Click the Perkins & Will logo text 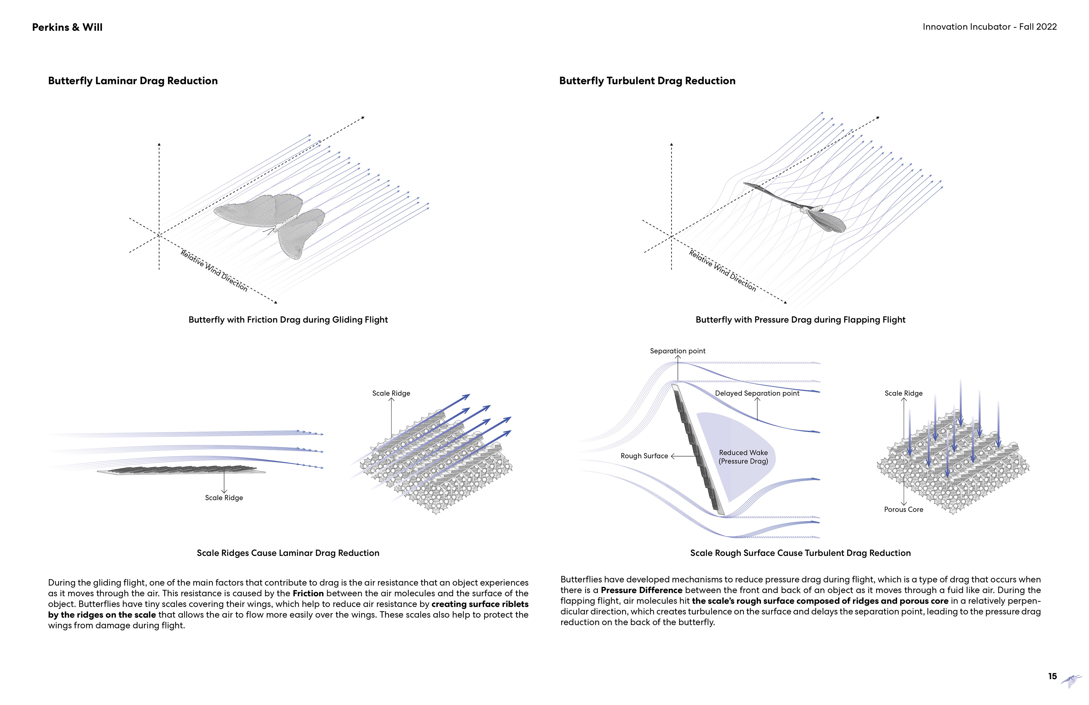coord(67,28)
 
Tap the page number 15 coord(1052,676)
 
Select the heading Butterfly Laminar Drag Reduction coord(133,81)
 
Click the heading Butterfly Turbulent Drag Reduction coord(647,81)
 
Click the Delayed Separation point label coord(757,393)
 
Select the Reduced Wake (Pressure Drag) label coord(743,457)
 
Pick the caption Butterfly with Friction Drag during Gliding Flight coord(288,319)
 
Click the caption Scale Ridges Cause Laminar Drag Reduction coord(288,553)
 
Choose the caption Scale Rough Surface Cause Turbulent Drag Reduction coord(800,553)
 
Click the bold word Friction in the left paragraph coord(308,593)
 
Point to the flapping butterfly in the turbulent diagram coord(805,208)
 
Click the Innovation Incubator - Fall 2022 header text coord(989,27)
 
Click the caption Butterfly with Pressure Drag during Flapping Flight coord(800,319)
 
